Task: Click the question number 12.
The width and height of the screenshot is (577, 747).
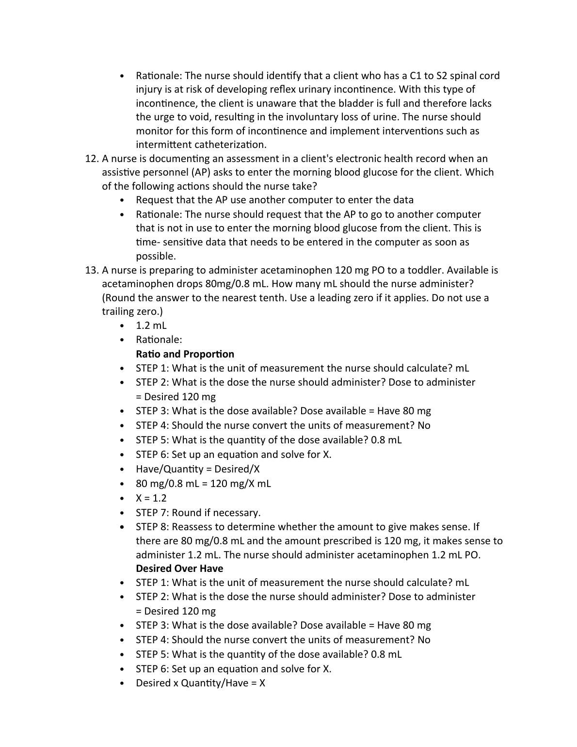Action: point(91,159)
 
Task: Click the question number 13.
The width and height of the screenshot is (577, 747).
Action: point(91,270)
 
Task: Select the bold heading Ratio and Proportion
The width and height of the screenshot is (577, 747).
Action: point(185,354)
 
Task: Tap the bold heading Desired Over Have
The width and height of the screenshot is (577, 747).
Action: point(179,568)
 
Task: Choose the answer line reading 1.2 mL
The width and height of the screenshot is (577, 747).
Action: point(151,325)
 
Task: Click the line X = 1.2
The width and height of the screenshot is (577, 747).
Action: point(151,498)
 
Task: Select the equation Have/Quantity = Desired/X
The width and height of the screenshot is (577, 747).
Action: point(197,469)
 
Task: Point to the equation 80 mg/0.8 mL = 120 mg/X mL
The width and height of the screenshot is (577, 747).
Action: point(203,484)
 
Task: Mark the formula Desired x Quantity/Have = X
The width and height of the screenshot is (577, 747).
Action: point(200,683)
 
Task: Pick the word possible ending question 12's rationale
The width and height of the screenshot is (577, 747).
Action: point(156,256)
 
